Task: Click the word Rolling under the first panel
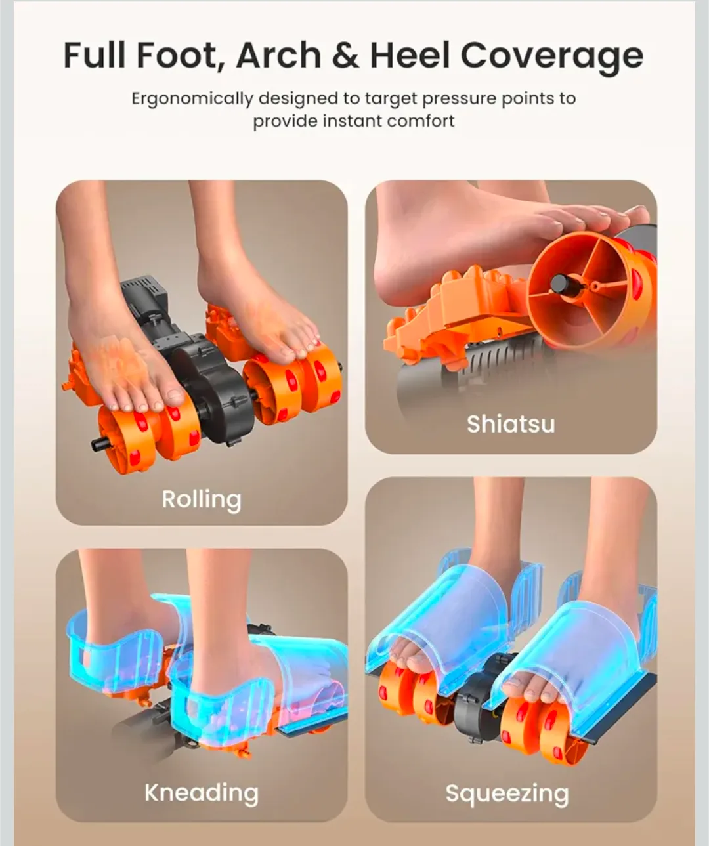click(202, 500)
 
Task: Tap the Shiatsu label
click(511, 424)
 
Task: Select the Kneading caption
click(202, 793)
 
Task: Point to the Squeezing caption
click(507, 794)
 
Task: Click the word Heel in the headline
click(410, 56)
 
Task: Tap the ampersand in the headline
click(345, 56)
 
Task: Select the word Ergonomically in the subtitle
click(192, 99)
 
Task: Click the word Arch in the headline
click(278, 56)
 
